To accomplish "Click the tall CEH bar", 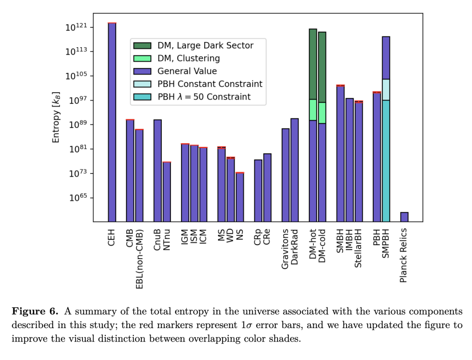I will [112, 122].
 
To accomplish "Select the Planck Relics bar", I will [404, 217].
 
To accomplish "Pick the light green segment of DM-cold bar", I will [322, 113].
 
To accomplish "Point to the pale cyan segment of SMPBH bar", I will [386, 90].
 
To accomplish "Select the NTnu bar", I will [167, 192].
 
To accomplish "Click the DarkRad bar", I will [295, 170].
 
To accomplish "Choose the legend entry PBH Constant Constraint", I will [210, 84].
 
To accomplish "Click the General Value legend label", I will [187, 71].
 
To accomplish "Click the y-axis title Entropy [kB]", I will [56, 117].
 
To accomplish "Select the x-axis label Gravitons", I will [285, 249].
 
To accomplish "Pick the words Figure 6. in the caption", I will [35, 312].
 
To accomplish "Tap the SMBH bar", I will [340, 153].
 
